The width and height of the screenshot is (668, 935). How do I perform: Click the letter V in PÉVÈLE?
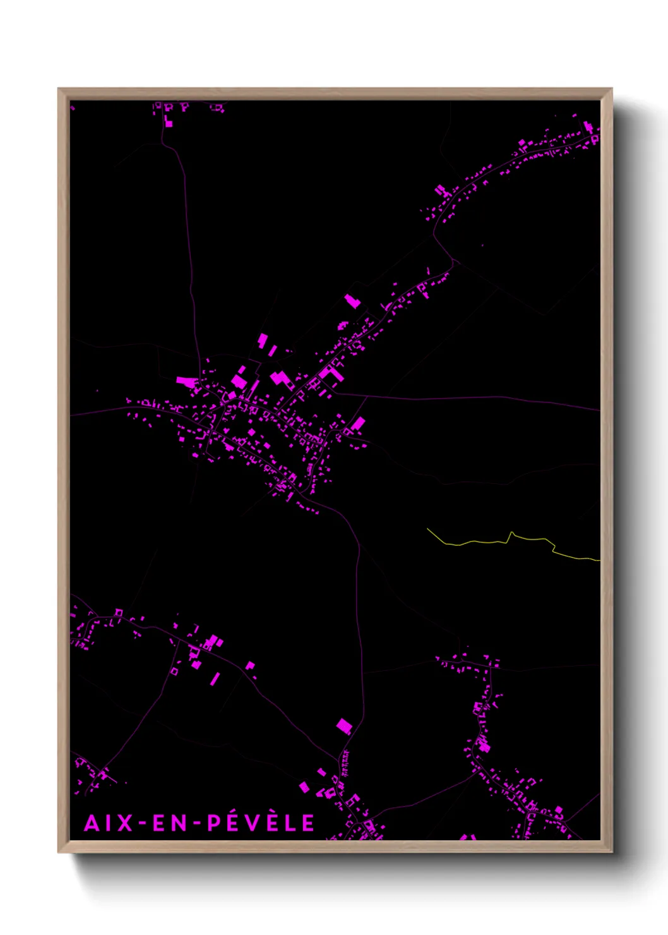(253, 823)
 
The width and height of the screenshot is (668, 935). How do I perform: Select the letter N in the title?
(178, 823)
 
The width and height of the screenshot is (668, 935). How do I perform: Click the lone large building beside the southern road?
(344, 726)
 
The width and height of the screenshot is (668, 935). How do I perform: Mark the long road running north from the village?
(189, 253)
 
